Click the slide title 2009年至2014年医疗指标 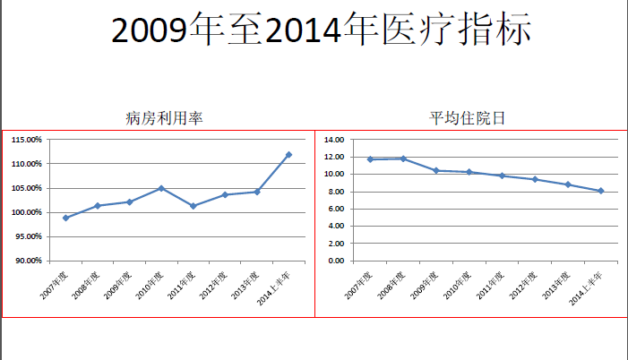tap(322, 31)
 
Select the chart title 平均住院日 tap(466, 117)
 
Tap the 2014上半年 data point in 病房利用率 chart tap(288, 155)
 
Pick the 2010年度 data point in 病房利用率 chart tap(161, 188)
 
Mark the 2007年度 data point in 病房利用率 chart tap(65, 218)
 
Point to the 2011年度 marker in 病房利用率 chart tap(193, 206)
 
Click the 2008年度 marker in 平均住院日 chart tap(403, 159)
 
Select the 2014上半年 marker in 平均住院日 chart tap(600, 191)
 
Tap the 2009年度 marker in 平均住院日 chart tap(436, 170)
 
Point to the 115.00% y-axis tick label tap(27, 140)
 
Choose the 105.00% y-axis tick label tap(27, 188)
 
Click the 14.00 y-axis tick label tap(334, 140)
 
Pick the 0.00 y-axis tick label tap(336, 261)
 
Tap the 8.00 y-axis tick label tap(336, 192)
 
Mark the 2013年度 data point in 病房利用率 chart tap(257, 192)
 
